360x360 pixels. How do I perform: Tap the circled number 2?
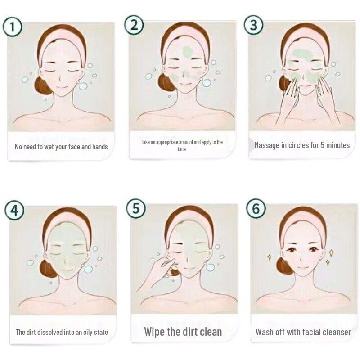coord(134,25)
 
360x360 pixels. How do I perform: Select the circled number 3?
coord(254,25)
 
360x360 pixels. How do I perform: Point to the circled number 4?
coord(14,211)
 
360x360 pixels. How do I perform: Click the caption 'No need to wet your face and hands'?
coord(61,147)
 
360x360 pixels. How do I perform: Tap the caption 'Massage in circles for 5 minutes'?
coord(301,145)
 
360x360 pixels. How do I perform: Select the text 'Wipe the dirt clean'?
coord(183,332)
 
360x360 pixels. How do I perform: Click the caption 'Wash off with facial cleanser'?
coord(303,332)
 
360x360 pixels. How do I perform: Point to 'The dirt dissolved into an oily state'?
coord(62,333)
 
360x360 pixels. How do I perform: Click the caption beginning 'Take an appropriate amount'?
coord(182,145)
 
